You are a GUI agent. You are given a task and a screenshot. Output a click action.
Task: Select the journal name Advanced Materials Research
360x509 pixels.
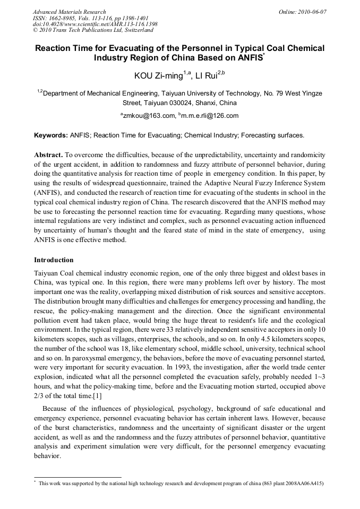tap(69, 12)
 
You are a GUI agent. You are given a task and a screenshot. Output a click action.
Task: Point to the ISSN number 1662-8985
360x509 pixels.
tap(63, 18)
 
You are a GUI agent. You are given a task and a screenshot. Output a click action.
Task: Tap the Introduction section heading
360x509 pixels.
tap(54, 260)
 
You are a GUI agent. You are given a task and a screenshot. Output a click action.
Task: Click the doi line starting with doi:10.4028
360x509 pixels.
tap(95, 24)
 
